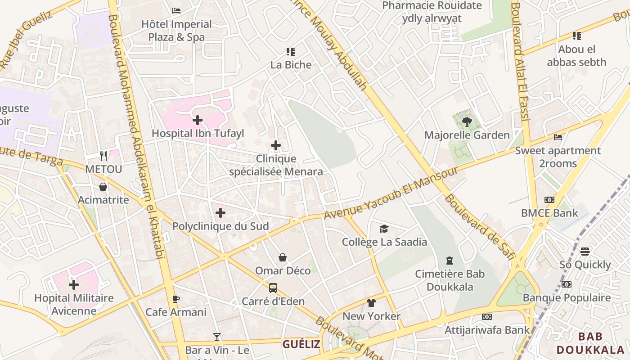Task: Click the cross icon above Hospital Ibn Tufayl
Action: [x=197, y=120]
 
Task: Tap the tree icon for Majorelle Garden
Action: [x=467, y=121]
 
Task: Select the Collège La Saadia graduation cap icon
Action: [x=384, y=229]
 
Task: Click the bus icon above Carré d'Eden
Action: [x=273, y=288]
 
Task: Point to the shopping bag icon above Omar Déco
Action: [x=283, y=257]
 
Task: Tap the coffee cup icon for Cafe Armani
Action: [x=176, y=299]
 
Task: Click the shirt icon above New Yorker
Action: [x=371, y=303]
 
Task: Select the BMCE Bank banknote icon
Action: [x=549, y=200]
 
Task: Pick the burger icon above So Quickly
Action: [x=585, y=251]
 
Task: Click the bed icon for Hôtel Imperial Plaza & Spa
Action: [x=176, y=10]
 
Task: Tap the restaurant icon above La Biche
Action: [x=291, y=52]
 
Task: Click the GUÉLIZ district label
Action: [x=301, y=345]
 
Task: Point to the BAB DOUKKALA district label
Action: [x=590, y=343]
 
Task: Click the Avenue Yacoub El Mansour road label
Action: [x=391, y=193]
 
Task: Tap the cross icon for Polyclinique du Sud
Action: [x=220, y=213]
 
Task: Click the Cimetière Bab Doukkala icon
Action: [x=449, y=260]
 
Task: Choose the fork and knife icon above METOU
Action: [x=104, y=156]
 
